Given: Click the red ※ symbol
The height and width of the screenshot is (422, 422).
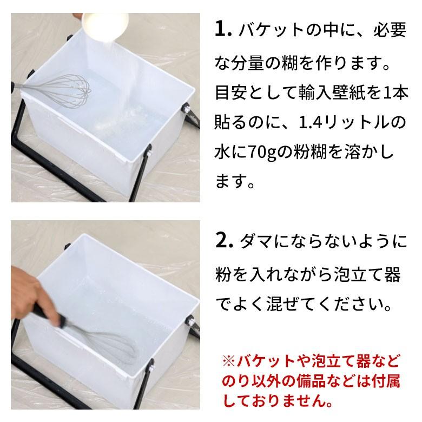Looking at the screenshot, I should [x=228, y=360].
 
